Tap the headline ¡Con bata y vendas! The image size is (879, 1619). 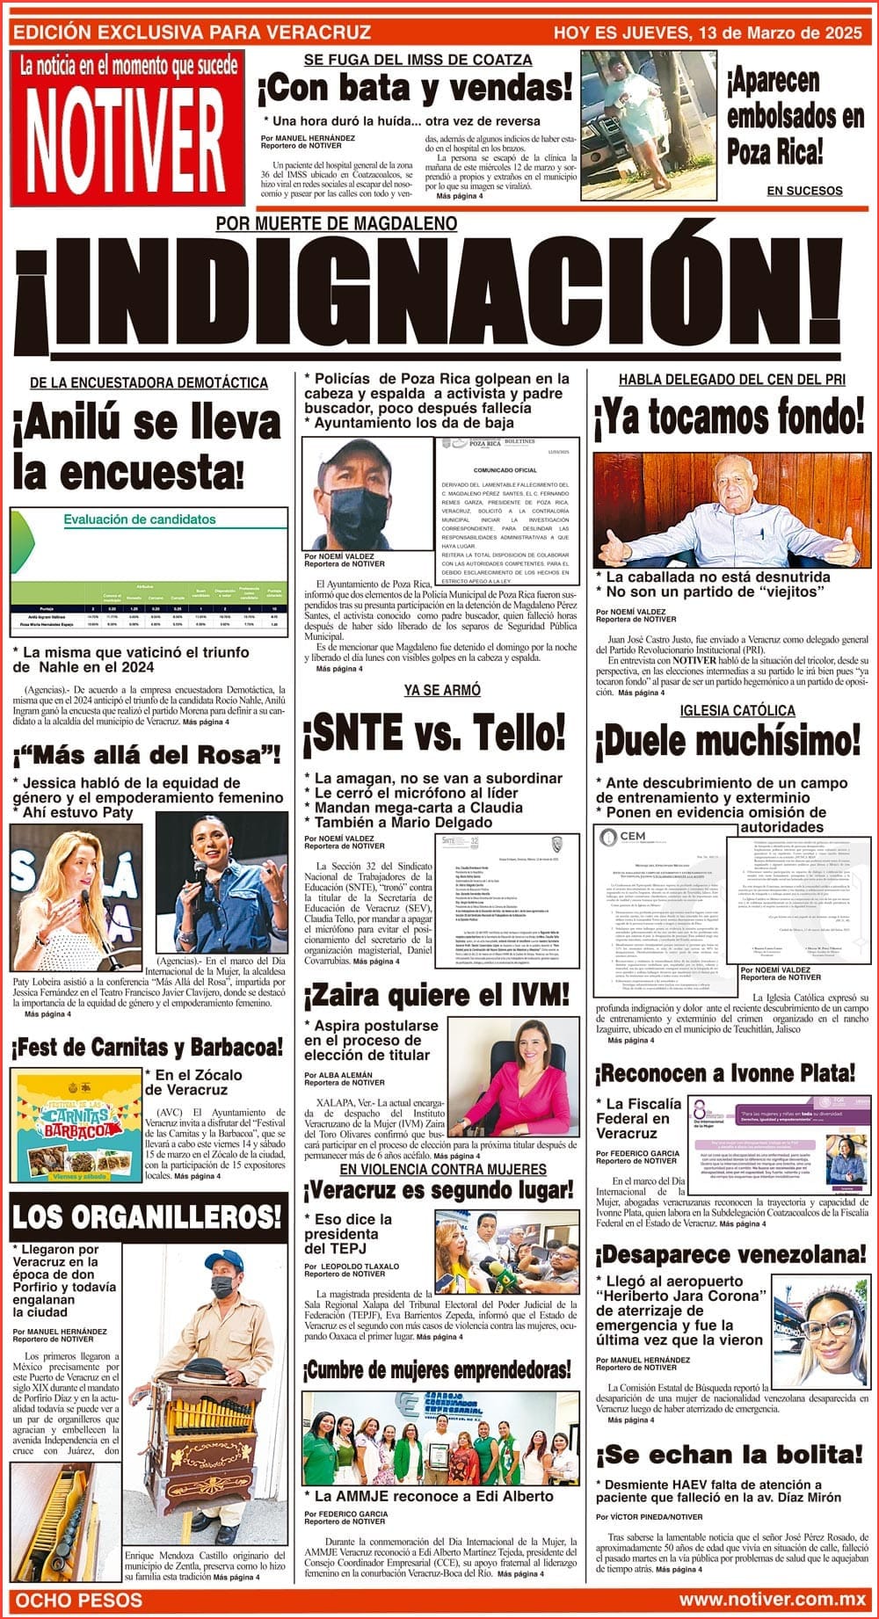[x=415, y=88]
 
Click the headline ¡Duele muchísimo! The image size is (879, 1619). [x=728, y=743]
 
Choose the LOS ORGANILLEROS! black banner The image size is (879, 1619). [x=147, y=1216]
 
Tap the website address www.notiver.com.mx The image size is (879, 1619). [x=772, y=1599]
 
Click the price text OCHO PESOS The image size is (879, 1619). [x=79, y=1599]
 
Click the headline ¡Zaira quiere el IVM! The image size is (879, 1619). [x=437, y=996]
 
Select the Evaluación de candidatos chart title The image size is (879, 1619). [x=139, y=519]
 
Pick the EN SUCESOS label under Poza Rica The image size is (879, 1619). [x=804, y=191]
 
